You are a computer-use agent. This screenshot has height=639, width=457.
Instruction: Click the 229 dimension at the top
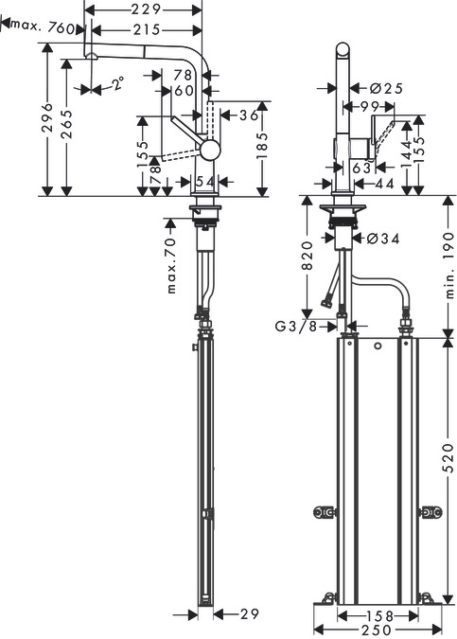click(x=146, y=9)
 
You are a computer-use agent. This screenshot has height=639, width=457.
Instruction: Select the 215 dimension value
click(x=146, y=29)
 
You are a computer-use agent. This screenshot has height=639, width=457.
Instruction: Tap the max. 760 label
click(x=44, y=27)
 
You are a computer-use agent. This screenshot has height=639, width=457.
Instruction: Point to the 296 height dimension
click(x=48, y=117)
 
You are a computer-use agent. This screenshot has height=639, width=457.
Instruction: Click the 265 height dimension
click(x=67, y=124)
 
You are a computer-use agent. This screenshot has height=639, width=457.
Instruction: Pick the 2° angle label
click(x=118, y=83)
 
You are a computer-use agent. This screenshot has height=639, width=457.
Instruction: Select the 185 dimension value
click(x=263, y=145)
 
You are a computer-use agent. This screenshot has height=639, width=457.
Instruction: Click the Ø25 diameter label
click(x=387, y=88)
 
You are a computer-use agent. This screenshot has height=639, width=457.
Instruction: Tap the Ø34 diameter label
click(x=383, y=238)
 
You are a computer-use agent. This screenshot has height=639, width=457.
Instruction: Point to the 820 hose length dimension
click(x=308, y=256)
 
